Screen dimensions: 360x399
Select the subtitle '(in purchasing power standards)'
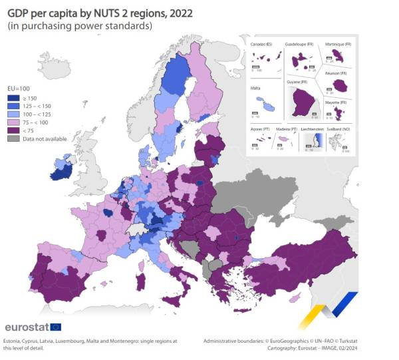pos(79,26)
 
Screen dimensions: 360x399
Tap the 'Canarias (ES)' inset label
pos(263,44)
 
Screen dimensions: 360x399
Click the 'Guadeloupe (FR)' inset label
pos(301,44)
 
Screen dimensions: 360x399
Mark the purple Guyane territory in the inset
pos(304,104)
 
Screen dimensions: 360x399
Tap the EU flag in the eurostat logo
pos(56,327)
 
